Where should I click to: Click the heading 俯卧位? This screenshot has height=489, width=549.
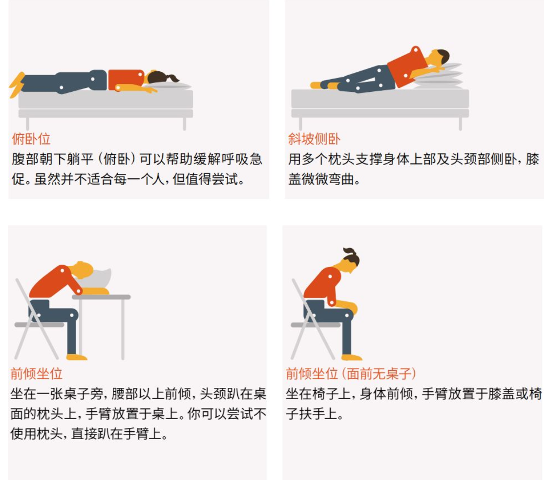coord(31,139)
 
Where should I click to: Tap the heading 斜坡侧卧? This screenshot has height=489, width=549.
coord(314,139)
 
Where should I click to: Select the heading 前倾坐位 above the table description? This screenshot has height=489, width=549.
coord(37,374)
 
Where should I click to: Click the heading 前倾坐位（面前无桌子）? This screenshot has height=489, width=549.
coord(351,374)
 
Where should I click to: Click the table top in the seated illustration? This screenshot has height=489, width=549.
coord(101,297)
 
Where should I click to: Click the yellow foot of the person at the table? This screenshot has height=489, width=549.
coord(76,357)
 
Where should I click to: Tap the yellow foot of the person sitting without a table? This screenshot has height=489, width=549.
coord(351,357)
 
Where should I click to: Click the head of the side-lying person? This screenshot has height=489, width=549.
coord(440,57)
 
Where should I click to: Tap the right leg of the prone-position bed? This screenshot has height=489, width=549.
coord(185,124)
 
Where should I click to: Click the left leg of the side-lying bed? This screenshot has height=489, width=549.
coord(300,124)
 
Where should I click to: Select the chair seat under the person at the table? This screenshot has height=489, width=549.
coord(39,325)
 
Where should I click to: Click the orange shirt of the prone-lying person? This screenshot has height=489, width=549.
coord(126,80)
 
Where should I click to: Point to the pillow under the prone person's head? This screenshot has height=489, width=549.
coord(168,85)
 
